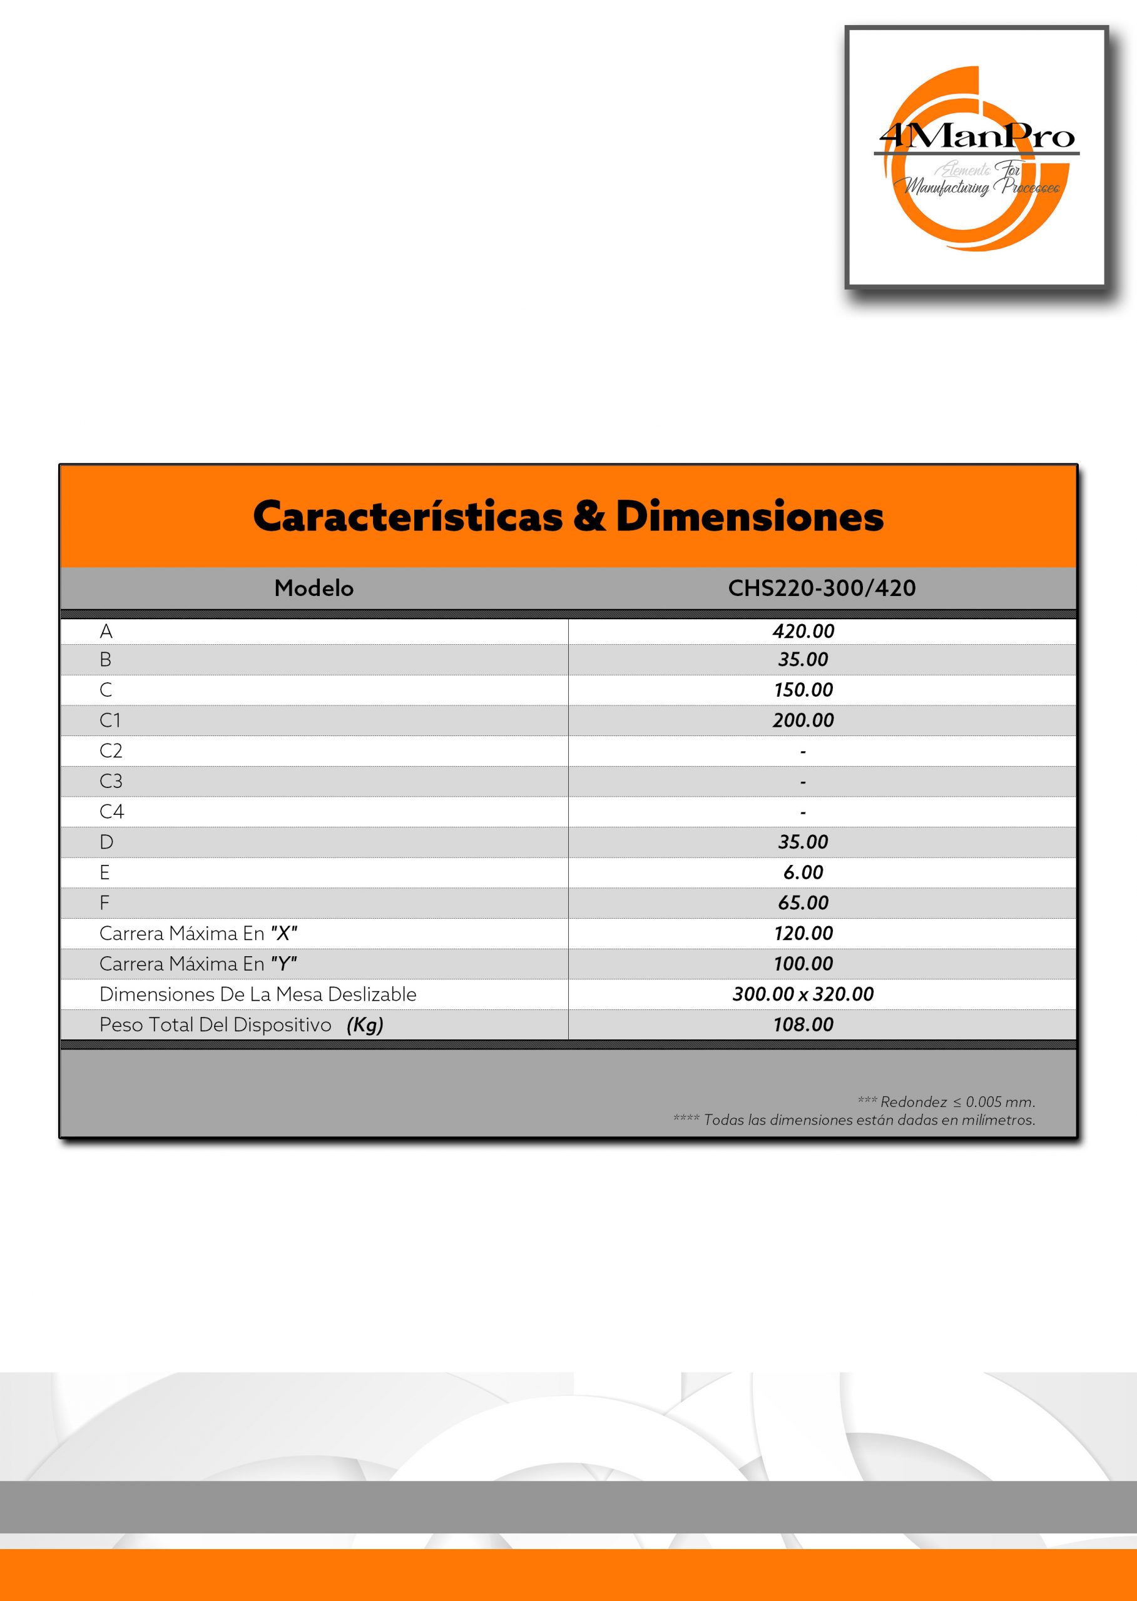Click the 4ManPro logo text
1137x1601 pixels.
click(977, 136)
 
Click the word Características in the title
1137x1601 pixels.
click(407, 517)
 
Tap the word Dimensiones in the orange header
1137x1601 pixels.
click(749, 517)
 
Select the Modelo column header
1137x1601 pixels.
click(314, 588)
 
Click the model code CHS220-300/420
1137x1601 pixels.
click(821, 588)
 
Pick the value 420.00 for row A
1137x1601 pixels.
click(803, 631)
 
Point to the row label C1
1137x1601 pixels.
click(110, 720)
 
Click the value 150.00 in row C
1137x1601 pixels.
click(803, 690)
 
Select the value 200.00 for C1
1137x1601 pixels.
click(803, 720)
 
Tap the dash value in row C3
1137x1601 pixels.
click(803, 782)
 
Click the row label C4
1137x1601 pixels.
click(111, 812)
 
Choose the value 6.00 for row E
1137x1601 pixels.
click(803, 872)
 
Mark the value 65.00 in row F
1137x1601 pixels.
click(803, 902)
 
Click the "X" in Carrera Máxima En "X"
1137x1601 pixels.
click(284, 934)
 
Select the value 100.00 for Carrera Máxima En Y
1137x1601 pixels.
click(803, 964)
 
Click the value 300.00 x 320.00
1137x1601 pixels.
click(803, 994)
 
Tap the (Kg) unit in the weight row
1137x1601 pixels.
click(365, 1025)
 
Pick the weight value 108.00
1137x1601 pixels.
click(803, 1024)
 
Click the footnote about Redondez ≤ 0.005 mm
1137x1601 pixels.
click(946, 1102)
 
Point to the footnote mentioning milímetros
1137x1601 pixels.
click(854, 1120)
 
